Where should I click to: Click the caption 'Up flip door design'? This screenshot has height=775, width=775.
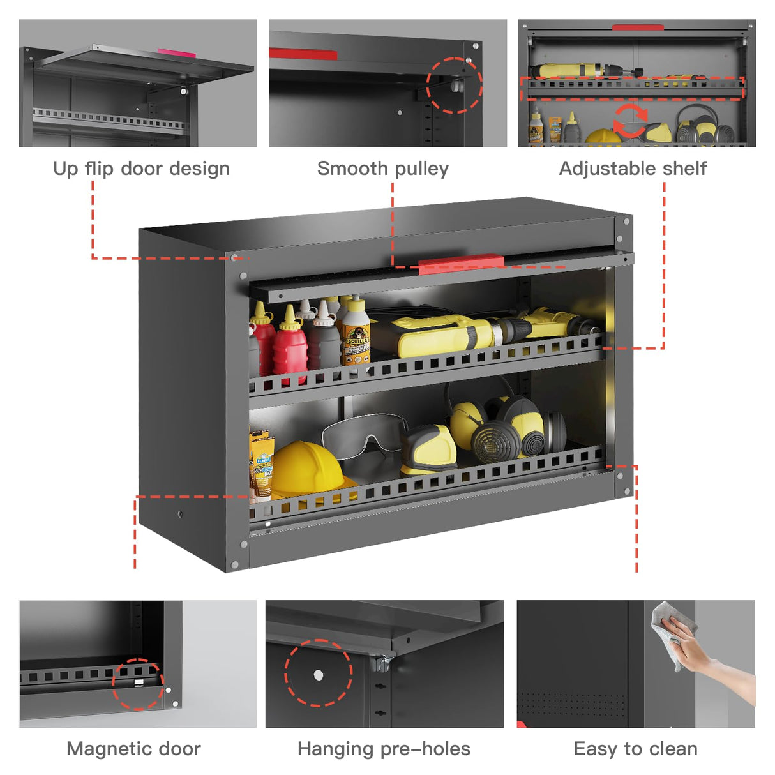click(x=141, y=169)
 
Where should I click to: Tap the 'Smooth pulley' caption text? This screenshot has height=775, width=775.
click(x=383, y=169)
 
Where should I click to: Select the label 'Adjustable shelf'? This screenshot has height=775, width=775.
click(x=633, y=169)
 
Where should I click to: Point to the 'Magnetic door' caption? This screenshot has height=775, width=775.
click(x=133, y=749)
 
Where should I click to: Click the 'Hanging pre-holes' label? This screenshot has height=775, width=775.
click(x=384, y=749)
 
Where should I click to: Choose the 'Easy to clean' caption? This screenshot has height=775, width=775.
click(x=635, y=749)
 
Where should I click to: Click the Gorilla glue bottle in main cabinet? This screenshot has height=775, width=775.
click(x=356, y=333)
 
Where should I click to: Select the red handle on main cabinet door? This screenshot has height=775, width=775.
click(x=461, y=264)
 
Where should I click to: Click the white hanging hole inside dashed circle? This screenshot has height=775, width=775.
click(x=318, y=675)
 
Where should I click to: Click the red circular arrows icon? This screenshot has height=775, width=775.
click(x=630, y=121)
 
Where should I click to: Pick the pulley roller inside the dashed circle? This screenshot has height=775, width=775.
click(x=456, y=84)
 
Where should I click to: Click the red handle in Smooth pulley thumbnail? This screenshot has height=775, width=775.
click(x=303, y=54)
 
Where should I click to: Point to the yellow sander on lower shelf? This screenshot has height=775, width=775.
click(x=428, y=450)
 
